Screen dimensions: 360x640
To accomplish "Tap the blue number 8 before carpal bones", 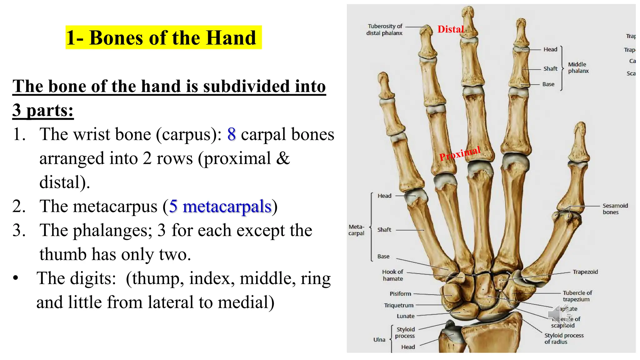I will (x=231, y=134).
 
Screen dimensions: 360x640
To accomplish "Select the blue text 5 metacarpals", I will (x=220, y=207).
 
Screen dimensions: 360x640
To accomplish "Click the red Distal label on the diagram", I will (x=451, y=29).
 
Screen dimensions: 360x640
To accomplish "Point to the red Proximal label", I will (x=459, y=153).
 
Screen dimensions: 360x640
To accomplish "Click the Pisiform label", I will (x=400, y=294).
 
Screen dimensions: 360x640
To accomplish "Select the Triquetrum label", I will (x=398, y=305).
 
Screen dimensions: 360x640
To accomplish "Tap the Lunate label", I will (x=405, y=316).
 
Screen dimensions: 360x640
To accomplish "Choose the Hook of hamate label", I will (x=392, y=275).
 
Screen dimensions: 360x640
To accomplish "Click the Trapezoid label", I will (x=585, y=272).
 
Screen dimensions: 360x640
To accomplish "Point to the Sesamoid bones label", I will (x=615, y=209).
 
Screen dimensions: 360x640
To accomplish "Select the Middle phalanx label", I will (x=578, y=67).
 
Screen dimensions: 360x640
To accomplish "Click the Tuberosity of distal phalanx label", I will (x=385, y=30).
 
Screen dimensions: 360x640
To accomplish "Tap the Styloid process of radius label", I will (x=564, y=338).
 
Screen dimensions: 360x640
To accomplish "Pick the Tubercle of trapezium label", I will (x=577, y=296).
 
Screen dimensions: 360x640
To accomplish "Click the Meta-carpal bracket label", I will (x=356, y=230).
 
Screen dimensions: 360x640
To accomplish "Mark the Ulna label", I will (x=379, y=340).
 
